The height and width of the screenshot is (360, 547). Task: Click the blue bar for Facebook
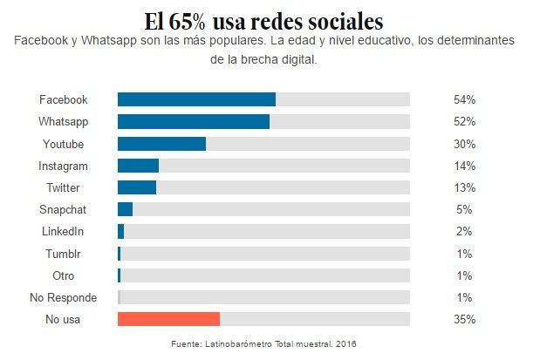(x=196, y=99)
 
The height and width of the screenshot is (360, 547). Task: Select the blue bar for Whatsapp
(x=193, y=121)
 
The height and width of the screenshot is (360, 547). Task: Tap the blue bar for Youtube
(x=161, y=143)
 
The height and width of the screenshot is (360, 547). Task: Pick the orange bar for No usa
(x=168, y=319)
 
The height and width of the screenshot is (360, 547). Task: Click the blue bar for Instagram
(x=138, y=166)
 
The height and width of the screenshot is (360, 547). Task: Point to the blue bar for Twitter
(x=137, y=187)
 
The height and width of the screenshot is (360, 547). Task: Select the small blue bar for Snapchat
(x=125, y=209)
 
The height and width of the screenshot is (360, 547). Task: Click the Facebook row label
(x=63, y=99)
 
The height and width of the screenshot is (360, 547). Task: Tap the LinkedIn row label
(x=63, y=231)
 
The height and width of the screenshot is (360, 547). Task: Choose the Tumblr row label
(x=63, y=254)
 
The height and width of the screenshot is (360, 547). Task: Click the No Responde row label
(x=63, y=297)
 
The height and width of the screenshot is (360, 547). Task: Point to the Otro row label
(x=63, y=275)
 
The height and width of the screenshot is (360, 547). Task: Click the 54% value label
(x=464, y=99)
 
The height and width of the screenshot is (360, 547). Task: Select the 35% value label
(x=464, y=319)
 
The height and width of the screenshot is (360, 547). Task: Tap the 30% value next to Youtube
(x=464, y=143)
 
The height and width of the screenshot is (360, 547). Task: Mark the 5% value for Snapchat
(x=464, y=209)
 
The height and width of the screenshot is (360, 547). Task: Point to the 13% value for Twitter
(x=464, y=187)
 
